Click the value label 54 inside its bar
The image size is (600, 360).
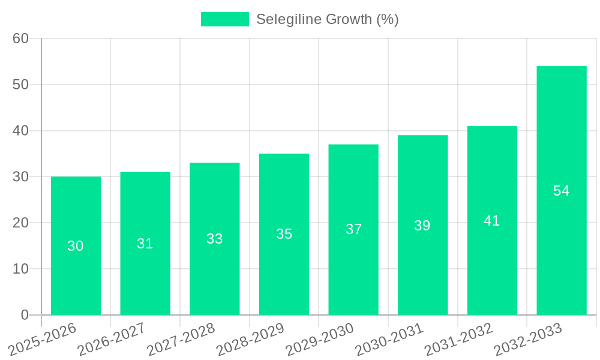coord(562,191)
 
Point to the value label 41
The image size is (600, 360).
coord(492,221)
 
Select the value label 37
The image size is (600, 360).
coord(353,229)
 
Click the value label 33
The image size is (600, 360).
coord(215,239)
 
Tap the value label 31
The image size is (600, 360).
coord(145,244)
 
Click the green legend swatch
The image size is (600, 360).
coord(224,19)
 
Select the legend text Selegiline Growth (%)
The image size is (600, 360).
coord(328,19)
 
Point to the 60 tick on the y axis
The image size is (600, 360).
coord(21,38)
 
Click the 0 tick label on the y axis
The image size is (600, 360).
coord(25,315)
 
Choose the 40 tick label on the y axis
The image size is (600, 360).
coord(21,131)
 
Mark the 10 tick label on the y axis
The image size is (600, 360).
coord(21,269)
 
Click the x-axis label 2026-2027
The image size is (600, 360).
coord(111,338)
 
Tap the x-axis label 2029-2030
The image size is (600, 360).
coord(319,338)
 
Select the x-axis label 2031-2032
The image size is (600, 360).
coord(458,338)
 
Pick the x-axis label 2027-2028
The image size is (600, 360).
coord(181,338)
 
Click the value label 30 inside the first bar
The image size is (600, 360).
coord(76,246)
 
